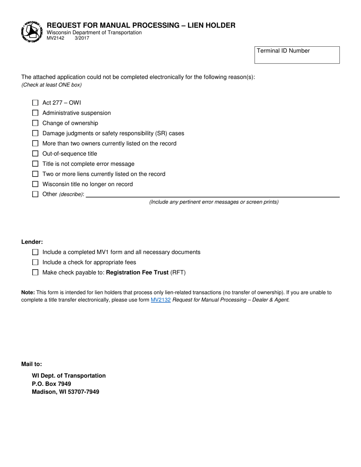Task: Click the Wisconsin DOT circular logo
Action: tap(31, 32)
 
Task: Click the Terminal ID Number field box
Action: tap(297, 55)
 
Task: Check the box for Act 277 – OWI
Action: tap(35, 103)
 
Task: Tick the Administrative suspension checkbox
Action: tap(35, 113)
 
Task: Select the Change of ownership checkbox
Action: tap(35, 123)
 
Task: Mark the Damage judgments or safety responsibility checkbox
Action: tap(35, 133)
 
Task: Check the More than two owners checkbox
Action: tap(35, 144)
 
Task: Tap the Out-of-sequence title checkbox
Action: tap(35, 154)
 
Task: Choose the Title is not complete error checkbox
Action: tap(35, 164)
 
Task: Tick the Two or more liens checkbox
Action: tap(35, 174)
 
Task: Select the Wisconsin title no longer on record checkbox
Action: tap(35, 184)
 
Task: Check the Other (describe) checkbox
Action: tap(35, 194)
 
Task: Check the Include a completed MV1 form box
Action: tap(35, 252)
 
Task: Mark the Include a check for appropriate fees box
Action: tap(35, 262)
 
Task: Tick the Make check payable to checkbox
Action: tap(35, 272)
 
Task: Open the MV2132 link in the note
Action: tap(161, 300)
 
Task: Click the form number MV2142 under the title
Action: tap(55, 38)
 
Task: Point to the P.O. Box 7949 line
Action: tap(51, 383)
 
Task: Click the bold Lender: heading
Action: tap(32, 242)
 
